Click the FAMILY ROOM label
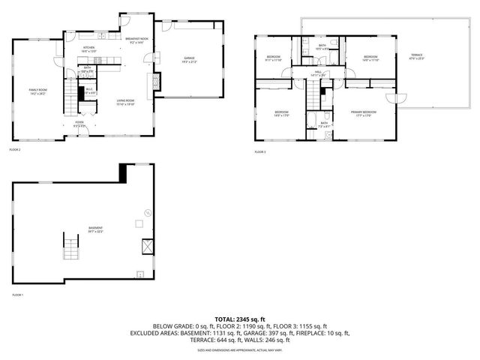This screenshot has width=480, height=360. coord(37,91)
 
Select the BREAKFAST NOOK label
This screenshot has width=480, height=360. coord(136,41)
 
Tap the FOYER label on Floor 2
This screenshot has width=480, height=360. coord(79,124)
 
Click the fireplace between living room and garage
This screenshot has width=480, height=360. coord(157,81)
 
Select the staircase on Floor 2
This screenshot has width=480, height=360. coord(71,95)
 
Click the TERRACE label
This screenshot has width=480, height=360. coord(416,58)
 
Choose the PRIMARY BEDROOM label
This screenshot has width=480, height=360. coord(361,113)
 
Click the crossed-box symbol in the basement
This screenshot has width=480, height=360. coord(148,246)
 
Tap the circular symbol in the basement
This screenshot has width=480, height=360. coord(148,214)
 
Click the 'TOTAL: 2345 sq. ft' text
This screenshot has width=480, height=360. coord(240,319)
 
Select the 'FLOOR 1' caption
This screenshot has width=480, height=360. coord(17,295)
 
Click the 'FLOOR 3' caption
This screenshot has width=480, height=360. coord(259,152)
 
